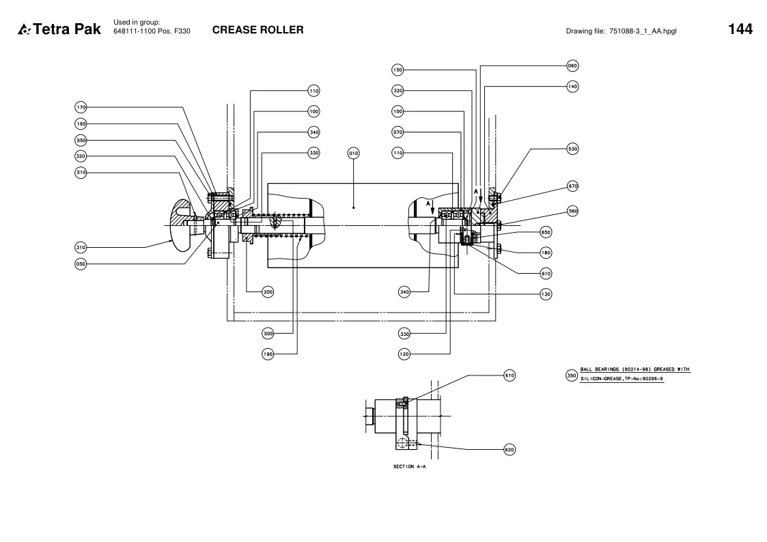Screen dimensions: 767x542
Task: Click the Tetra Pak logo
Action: click(59, 29)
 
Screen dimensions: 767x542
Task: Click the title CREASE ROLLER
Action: click(257, 30)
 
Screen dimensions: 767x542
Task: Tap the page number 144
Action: click(740, 29)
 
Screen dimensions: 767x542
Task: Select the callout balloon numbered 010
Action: click(353, 154)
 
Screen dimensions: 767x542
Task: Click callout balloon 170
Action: click(81, 107)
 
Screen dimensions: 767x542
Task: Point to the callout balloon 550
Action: click(81, 140)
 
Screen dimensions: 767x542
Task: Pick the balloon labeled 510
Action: click(81, 173)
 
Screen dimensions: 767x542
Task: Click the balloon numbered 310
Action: click(81, 247)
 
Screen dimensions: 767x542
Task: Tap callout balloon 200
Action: click(268, 292)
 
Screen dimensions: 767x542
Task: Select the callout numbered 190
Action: click(268, 354)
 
